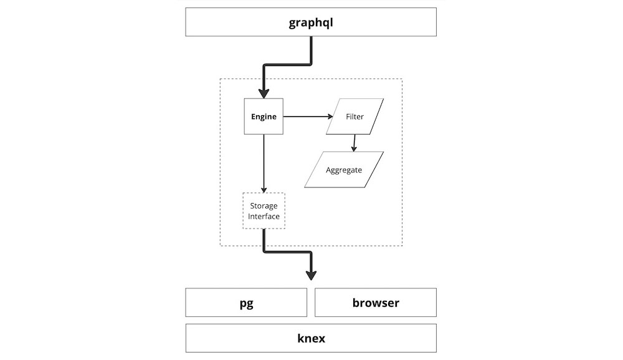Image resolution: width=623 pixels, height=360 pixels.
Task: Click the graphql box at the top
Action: tap(311, 22)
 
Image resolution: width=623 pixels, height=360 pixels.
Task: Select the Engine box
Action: tap(264, 116)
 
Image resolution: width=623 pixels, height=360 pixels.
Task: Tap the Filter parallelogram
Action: tap(355, 116)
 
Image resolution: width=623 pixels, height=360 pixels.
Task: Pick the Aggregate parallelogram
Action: tap(344, 169)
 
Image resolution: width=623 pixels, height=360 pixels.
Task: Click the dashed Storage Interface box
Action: tap(264, 211)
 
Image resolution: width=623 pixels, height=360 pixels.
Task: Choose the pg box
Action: tap(246, 303)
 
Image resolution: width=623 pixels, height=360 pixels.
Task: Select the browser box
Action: tap(376, 303)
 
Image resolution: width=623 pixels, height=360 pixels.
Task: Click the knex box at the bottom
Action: tap(311, 339)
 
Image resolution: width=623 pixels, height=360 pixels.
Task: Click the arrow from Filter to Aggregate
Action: tap(354, 143)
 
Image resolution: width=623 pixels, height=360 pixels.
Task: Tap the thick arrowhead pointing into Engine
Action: tap(264, 93)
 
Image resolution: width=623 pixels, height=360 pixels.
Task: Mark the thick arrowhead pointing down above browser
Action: tap(311, 273)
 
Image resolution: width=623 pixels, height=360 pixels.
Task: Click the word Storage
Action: tap(264, 206)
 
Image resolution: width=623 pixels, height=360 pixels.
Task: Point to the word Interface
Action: tap(264, 217)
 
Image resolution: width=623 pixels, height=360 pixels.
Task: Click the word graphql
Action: tap(311, 23)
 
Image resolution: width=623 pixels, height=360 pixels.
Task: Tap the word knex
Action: tap(311, 339)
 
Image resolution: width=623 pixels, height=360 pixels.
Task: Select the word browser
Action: tap(376, 303)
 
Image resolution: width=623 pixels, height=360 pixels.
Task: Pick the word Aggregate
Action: tap(344, 169)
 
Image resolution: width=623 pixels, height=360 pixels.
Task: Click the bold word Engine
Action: tap(264, 116)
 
